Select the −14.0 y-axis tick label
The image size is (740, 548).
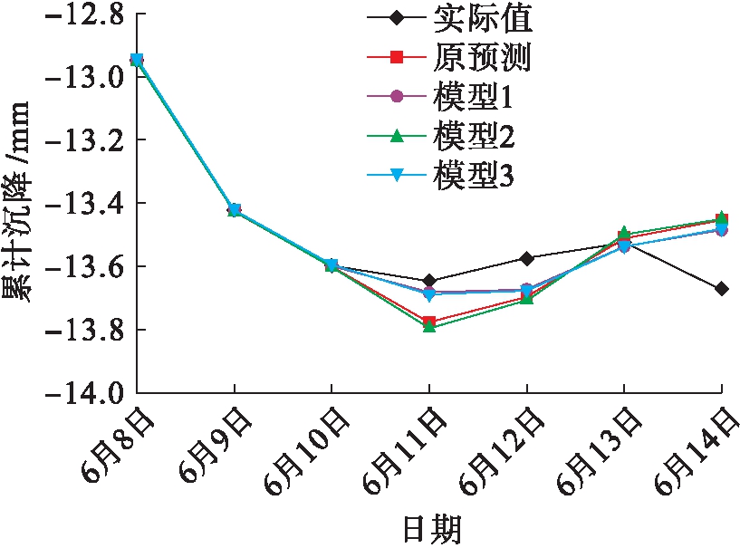pos(82,393)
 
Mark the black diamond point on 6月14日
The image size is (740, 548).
pos(721,289)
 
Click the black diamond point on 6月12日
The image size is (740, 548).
pos(526,258)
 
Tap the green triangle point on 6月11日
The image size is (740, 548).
pos(429,326)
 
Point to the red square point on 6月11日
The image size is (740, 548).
pos(429,322)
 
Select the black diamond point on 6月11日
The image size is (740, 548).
pos(429,281)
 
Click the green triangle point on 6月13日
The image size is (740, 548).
pos(624,233)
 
